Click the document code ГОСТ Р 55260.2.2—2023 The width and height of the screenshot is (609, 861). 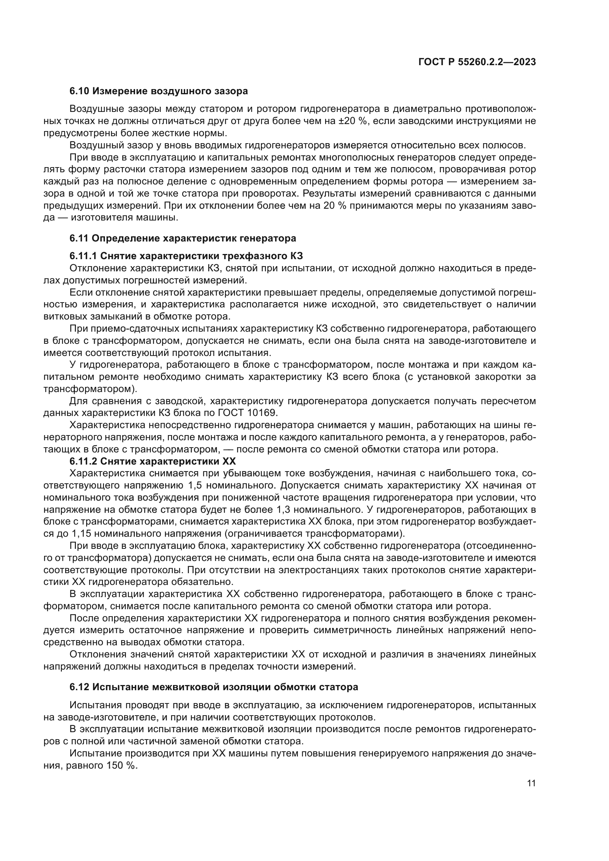[476, 62]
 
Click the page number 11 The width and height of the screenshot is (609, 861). [531, 783]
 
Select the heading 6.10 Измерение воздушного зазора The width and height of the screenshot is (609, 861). [159, 91]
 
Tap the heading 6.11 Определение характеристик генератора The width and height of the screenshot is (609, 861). [183, 238]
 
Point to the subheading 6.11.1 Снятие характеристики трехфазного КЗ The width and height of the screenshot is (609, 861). [186, 256]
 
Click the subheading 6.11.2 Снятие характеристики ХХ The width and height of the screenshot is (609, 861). [153, 461]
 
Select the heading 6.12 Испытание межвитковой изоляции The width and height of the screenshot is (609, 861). [214, 687]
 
